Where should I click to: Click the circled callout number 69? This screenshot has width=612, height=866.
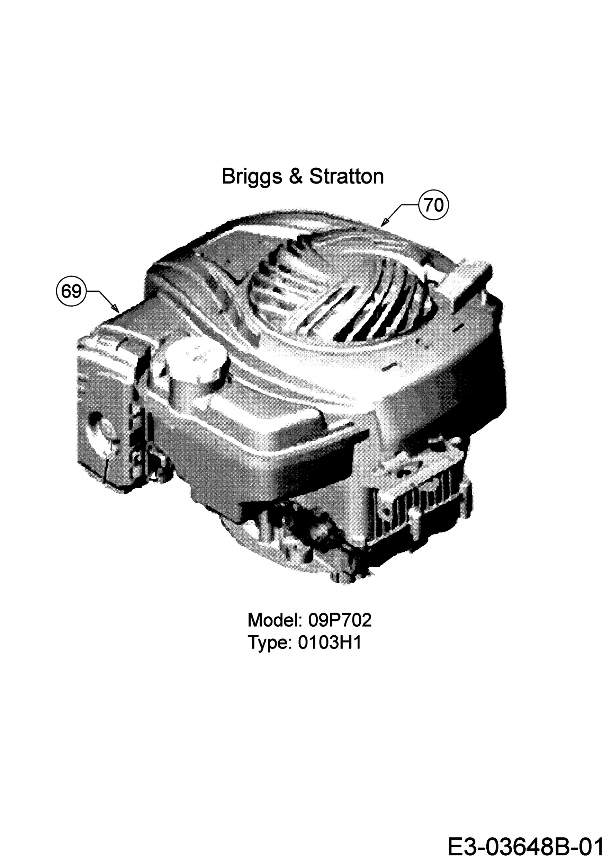pyautogui.click(x=71, y=291)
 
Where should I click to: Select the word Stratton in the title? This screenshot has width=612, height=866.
pyautogui.click(x=347, y=176)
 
